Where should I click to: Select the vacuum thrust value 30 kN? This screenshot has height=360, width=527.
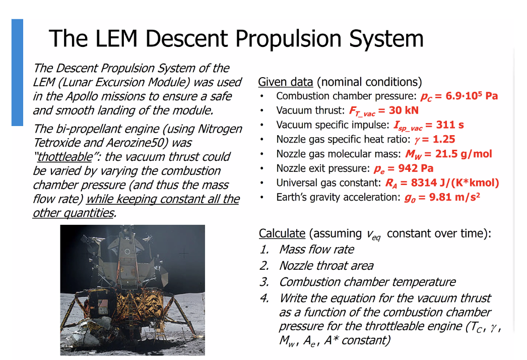[x=404, y=110]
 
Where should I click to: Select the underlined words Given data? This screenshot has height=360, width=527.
[x=285, y=82]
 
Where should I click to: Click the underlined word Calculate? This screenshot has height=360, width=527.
[x=282, y=233]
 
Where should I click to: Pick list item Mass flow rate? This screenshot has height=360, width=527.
[x=316, y=250]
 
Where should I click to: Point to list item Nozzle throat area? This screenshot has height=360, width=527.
[x=326, y=266]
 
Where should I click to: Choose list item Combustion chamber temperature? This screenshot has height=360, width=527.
[x=367, y=282]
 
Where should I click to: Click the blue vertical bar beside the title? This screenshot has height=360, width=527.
[x=17, y=72]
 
